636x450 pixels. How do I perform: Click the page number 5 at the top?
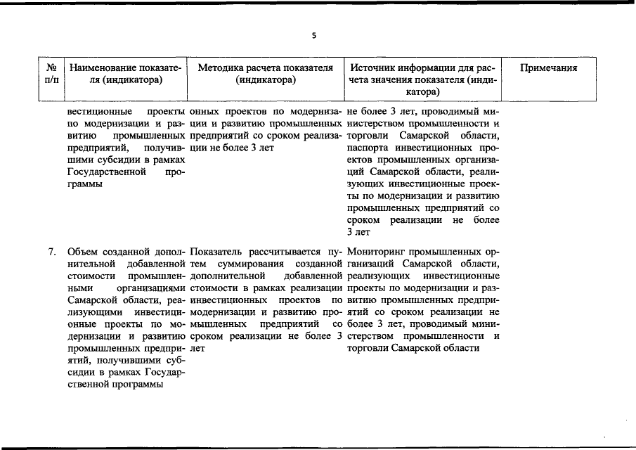coord(314,36)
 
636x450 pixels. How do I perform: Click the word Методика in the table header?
coord(220,68)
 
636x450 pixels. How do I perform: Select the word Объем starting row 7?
coord(82,251)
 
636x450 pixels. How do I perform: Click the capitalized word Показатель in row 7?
coord(217,251)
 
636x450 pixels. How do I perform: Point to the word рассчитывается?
coord(285,251)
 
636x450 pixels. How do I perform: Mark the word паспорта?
coord(368,149)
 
